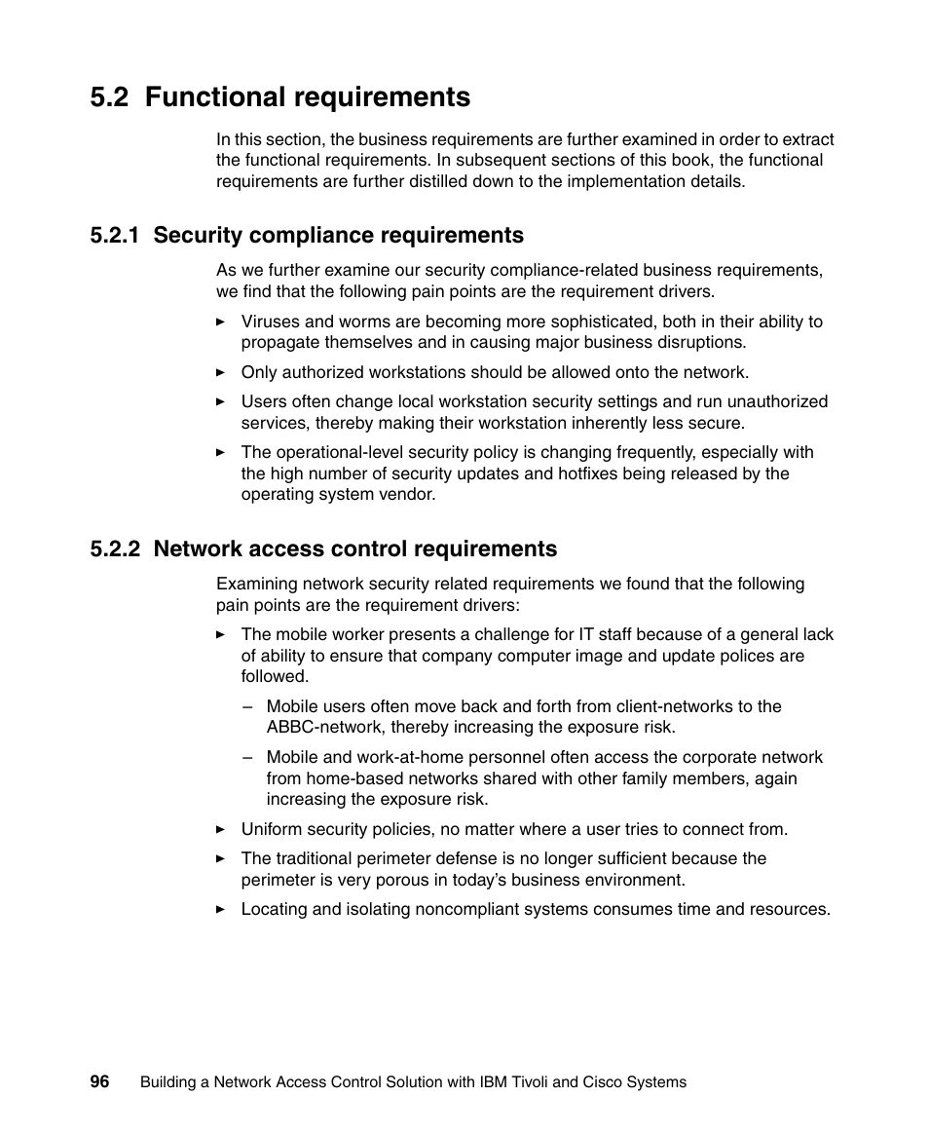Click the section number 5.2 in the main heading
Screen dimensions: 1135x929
click(110, 97)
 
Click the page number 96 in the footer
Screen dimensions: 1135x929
click(99, 1081)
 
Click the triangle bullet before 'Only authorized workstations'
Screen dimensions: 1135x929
click(221, 372)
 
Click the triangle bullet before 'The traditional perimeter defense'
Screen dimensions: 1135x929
click(221, 858)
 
